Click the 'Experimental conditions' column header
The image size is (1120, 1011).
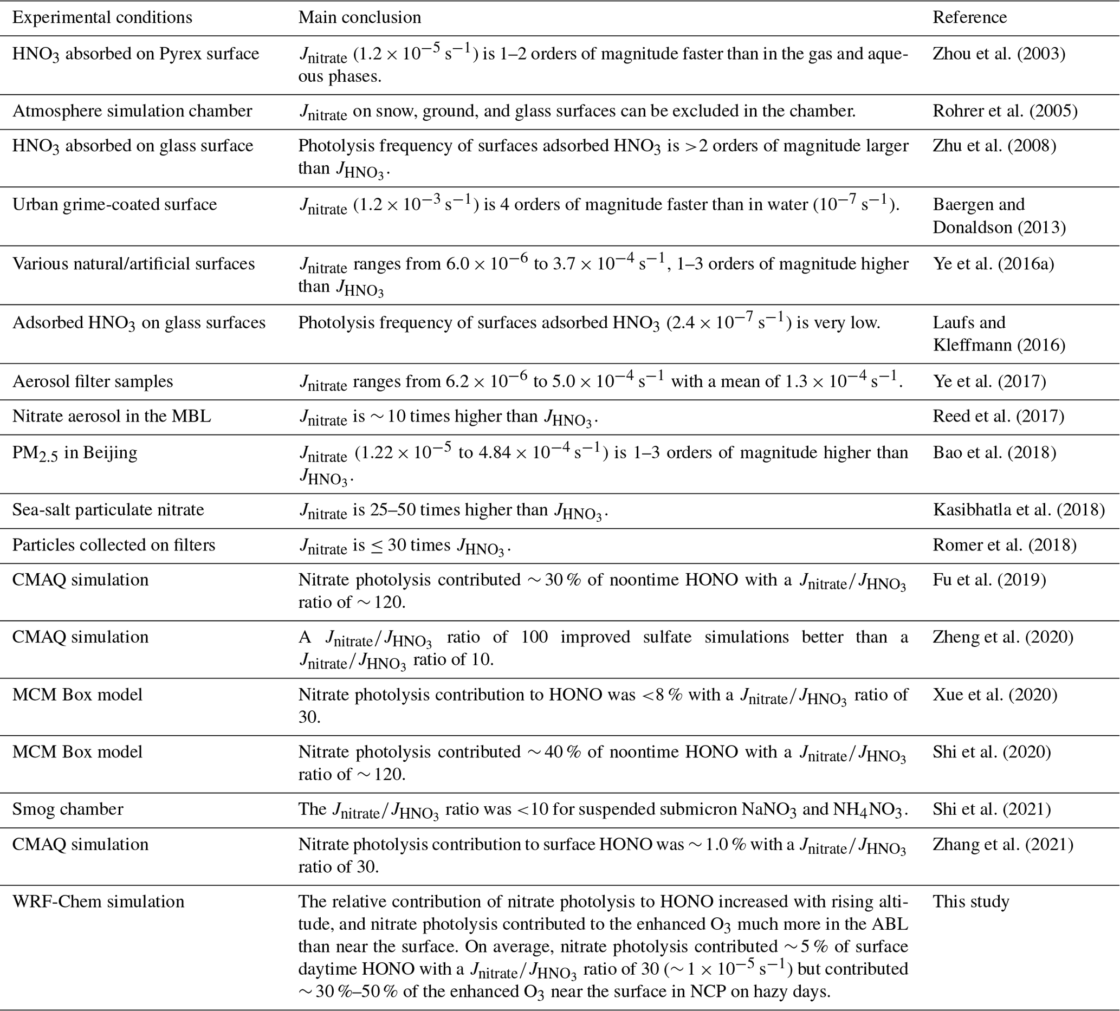click(102, 17)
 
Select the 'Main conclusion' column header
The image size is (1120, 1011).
click(359, 17)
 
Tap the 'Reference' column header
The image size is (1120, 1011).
click(969, 17)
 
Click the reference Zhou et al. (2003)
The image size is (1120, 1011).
click(999, 53)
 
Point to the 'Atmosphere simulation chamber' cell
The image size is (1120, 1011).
click(132, 111)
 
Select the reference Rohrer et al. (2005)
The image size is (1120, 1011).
click(1005, 111)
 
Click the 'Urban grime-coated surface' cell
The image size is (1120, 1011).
click(114, 204)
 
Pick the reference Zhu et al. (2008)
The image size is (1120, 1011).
click(994, 146)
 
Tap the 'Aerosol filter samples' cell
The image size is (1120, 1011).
click(93, 381)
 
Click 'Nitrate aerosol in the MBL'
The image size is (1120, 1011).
click(112, 417)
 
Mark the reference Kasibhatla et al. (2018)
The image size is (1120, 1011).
click(1019, 510)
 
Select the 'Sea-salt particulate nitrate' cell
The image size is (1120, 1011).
click(108, 510)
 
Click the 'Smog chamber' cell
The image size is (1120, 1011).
click(68, 809)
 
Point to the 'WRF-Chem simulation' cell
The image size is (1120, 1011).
click(98, 901)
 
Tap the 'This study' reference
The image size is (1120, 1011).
click(970, 901)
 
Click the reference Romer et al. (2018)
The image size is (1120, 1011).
click(1005, 545)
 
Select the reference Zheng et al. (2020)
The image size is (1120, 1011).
click(1003, 637)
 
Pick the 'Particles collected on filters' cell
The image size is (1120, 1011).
click(114, 545)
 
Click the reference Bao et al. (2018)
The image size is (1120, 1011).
click(994, 453)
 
